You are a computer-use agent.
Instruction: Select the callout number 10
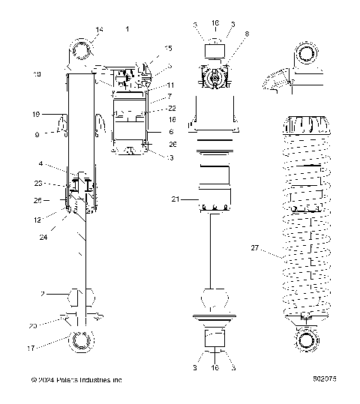coord(37,74)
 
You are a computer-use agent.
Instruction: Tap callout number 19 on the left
coord(36,115)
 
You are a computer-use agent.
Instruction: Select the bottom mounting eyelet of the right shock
coord(305,341)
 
